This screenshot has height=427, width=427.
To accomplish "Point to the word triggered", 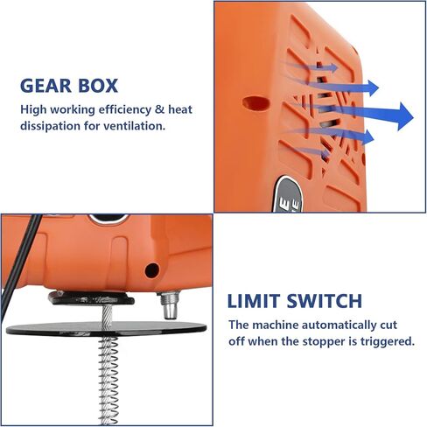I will [385, 341].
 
